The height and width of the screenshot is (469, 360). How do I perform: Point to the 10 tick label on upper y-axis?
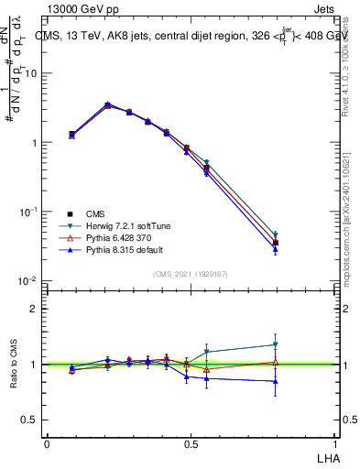click(30, 74)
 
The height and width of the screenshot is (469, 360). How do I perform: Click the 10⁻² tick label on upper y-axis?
click(28, 280)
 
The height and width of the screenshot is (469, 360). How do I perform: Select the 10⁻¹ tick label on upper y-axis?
click(28, 212)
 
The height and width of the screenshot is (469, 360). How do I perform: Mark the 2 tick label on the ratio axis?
click(34, 309)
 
